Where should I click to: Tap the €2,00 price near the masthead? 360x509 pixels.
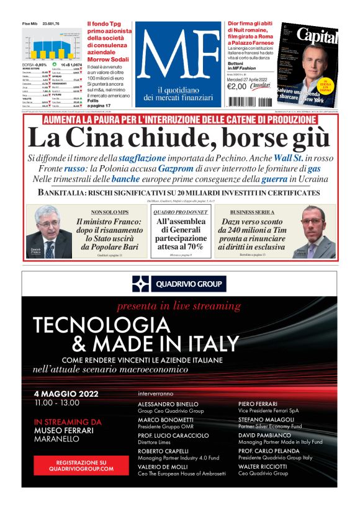tap(238, 87)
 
